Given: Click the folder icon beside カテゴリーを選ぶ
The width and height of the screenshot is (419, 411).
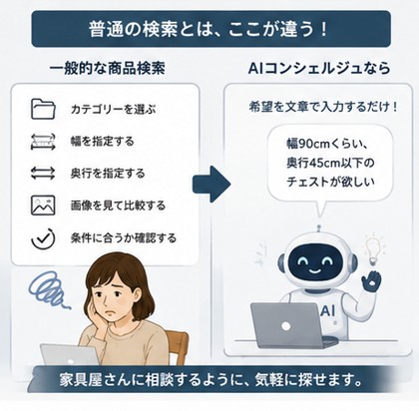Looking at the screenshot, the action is click(43, 109).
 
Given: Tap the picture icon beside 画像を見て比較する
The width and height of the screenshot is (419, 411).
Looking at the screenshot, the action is click(43, 205).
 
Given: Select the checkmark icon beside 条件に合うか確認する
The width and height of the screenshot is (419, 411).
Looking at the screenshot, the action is click(43, 238).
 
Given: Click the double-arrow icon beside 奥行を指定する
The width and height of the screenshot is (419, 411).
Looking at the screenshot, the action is click(43, 174).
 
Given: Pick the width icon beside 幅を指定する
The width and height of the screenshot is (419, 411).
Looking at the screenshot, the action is click(43, 142).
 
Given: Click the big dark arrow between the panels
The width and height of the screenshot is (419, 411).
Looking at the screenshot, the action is click(211, 184).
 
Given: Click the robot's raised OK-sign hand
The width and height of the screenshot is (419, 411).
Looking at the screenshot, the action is click(371, 282).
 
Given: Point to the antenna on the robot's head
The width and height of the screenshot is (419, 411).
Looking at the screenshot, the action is click(319, 228).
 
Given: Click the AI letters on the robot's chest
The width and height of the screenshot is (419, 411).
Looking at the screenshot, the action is click(328, 311).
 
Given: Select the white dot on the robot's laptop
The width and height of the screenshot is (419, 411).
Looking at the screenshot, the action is click(285, 326).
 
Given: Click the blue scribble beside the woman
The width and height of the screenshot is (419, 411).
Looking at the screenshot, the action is click(51, 288).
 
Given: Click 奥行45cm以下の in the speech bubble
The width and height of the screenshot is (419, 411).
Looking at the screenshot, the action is click(330, 163).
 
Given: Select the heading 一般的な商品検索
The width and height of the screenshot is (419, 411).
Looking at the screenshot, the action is click(107, 69).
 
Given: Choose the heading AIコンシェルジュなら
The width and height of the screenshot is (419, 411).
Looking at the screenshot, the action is click(319, 69).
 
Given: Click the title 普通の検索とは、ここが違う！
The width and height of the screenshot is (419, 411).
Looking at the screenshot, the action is click(209, 29).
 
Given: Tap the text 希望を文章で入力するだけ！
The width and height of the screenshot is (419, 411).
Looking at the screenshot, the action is click(323, 107).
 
